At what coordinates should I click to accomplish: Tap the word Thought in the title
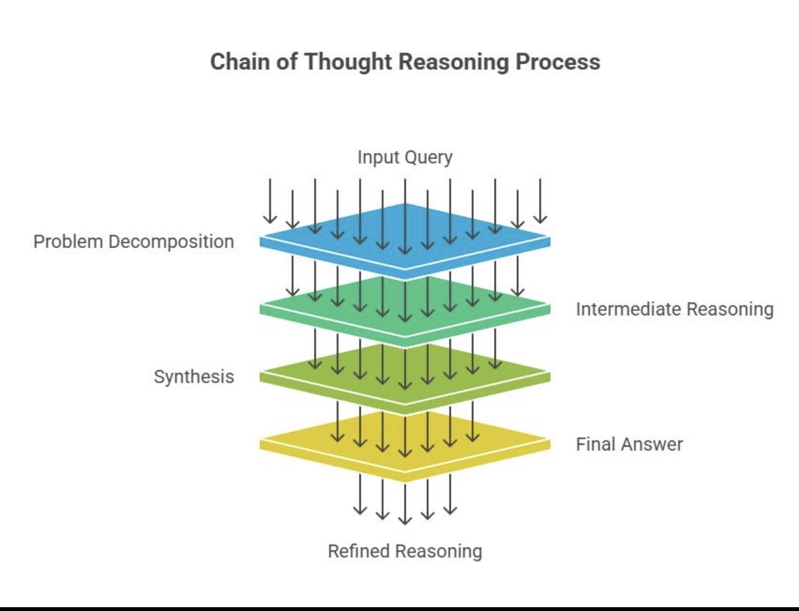348,63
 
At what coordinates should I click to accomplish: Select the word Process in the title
558,62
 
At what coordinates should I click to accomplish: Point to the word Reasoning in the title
454,63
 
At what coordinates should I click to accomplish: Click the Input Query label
405,158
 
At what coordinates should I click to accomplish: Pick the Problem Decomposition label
134,242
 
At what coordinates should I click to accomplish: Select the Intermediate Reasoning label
675,310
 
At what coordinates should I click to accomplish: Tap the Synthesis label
193,377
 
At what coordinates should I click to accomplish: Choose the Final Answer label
630,444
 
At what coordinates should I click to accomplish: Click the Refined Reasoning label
405,551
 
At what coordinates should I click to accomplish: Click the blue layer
405,242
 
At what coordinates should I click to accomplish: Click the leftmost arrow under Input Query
270,201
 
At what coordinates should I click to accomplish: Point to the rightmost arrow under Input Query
540,201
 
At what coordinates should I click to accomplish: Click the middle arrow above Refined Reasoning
405,504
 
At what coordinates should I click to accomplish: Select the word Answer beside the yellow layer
651,445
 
